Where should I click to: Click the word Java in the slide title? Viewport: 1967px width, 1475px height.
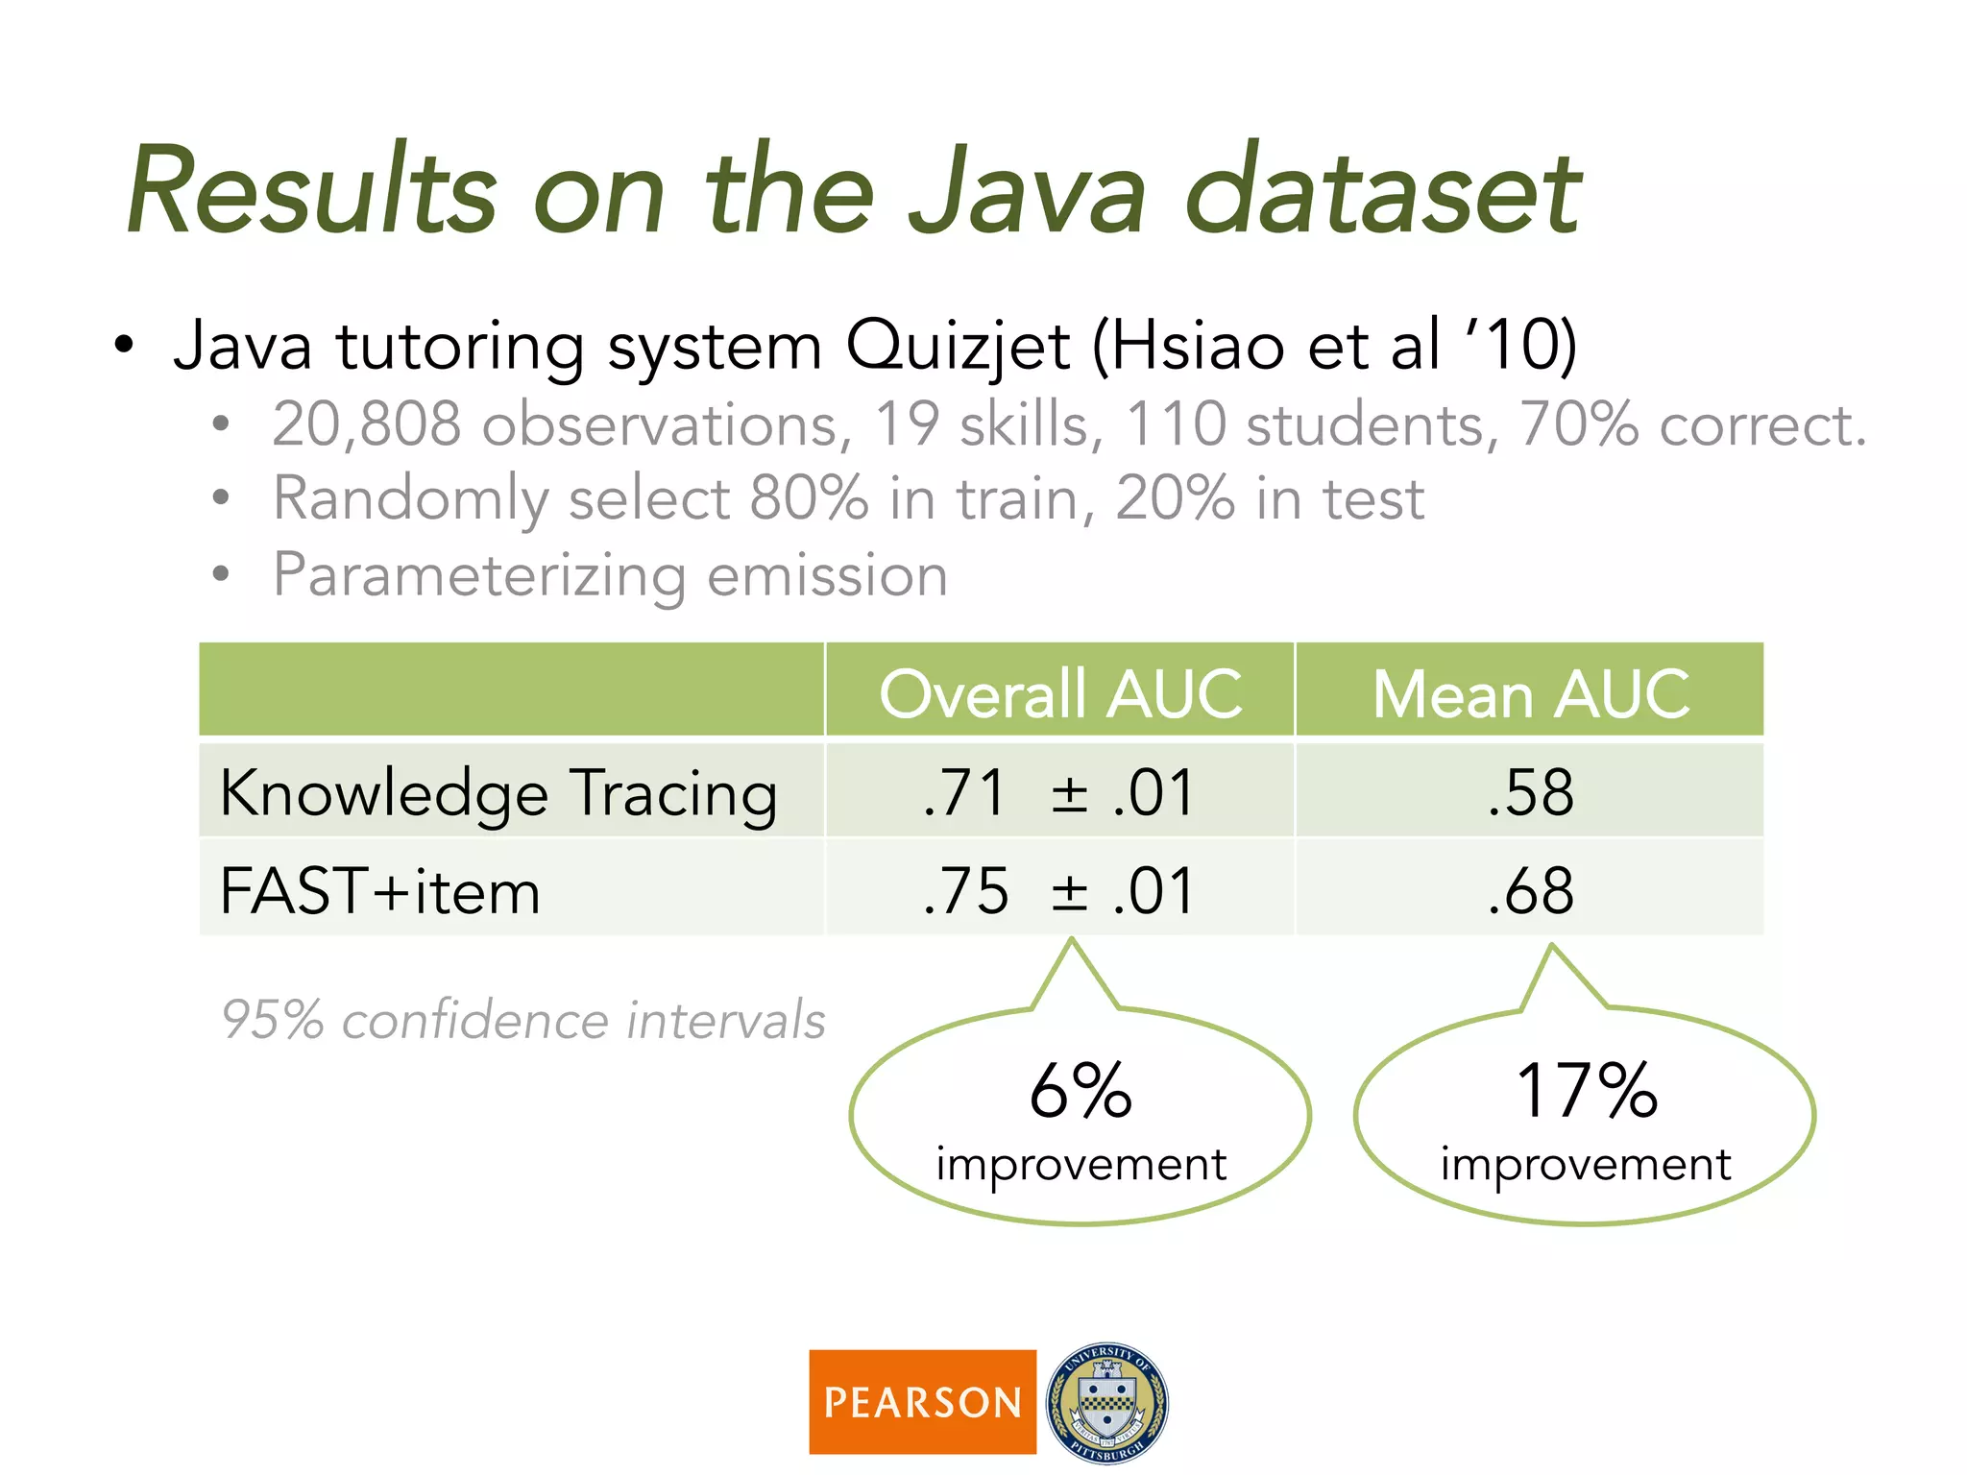[1028, 192]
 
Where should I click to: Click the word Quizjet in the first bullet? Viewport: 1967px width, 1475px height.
[957, 348]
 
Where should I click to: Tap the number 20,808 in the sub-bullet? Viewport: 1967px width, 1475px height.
[366, 424]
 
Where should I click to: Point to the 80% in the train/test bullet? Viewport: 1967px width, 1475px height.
[809, 499]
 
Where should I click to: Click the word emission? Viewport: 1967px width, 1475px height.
[827, 575]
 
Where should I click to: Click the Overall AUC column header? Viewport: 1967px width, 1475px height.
[1060, 693]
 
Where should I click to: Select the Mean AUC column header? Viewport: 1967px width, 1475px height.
[1531, 693]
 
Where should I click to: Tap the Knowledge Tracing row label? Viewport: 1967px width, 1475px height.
[498, 793]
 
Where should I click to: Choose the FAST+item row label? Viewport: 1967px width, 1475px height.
[380, 891]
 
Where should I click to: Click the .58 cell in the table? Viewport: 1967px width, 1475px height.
[1531, 793]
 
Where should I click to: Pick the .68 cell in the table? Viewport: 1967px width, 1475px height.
[1531, 891]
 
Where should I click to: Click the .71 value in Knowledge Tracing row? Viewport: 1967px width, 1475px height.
[963, 793]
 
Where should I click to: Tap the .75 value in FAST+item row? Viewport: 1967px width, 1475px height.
[965, 891]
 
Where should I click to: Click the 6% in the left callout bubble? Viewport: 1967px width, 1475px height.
[1081, 1092]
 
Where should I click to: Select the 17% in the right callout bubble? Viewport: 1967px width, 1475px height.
[1587, 1092]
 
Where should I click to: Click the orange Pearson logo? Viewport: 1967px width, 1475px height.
[922, 1402]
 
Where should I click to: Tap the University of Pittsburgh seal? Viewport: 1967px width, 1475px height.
[1107, 1402]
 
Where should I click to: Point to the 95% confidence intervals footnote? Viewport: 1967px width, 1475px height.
[522, 1020]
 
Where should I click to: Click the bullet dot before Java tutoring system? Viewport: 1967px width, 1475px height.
[123, 346]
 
